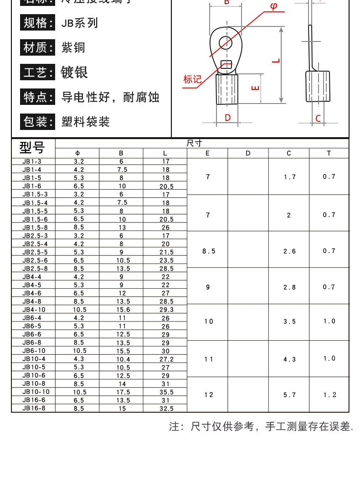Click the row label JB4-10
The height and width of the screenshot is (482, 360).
[x=34, y=309]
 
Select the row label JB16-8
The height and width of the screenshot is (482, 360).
[x=34, y=409]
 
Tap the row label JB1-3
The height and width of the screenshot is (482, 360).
[x=32, y=161]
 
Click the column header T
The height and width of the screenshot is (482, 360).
[x=329, y=153]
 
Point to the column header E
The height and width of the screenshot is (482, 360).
[x=207, y=153]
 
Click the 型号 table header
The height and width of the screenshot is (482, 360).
[x=32, y=148]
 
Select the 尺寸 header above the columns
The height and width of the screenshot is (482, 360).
[x=195, y=143]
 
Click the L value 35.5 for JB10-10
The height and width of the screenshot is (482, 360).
[x=166, y=392]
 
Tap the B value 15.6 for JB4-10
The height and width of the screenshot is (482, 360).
[x=121, y=310]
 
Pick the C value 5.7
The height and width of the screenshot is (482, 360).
[x=289, y=395]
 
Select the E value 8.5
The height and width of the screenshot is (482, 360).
[x=208, y=251]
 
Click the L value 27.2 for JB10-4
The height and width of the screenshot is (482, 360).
[x=166, y=359]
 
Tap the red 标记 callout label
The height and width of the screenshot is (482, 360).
[x=192, y=79]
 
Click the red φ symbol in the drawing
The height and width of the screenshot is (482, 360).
[x=273, y=7]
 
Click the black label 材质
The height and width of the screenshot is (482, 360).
[x=36, y=47]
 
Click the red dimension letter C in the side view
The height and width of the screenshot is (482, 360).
[x=318, y=119]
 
